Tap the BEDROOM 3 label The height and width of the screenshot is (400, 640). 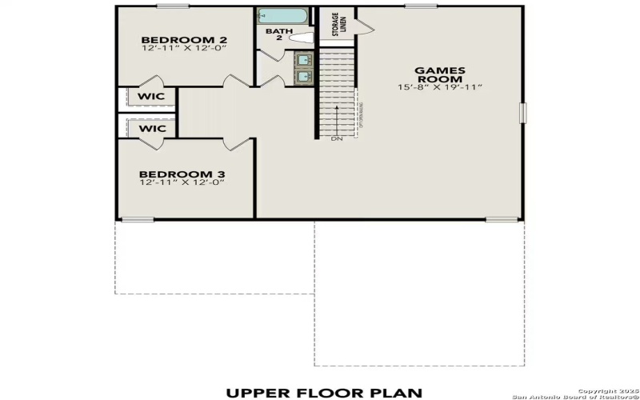182,174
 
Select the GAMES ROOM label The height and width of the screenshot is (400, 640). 439,74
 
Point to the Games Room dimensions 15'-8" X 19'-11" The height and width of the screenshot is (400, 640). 439,87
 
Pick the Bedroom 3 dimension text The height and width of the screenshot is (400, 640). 182,182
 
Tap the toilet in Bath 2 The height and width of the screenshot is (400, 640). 301,37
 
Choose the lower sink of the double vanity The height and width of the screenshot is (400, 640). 304,76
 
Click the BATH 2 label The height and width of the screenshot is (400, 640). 274,34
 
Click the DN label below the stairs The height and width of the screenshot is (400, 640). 338,139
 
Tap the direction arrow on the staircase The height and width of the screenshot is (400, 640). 337,116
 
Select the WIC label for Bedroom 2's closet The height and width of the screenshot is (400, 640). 151,97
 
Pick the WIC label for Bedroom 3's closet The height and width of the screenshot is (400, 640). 151,128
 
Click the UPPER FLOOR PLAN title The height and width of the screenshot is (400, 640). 323,392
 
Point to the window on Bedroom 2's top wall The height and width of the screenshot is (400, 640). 173,6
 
